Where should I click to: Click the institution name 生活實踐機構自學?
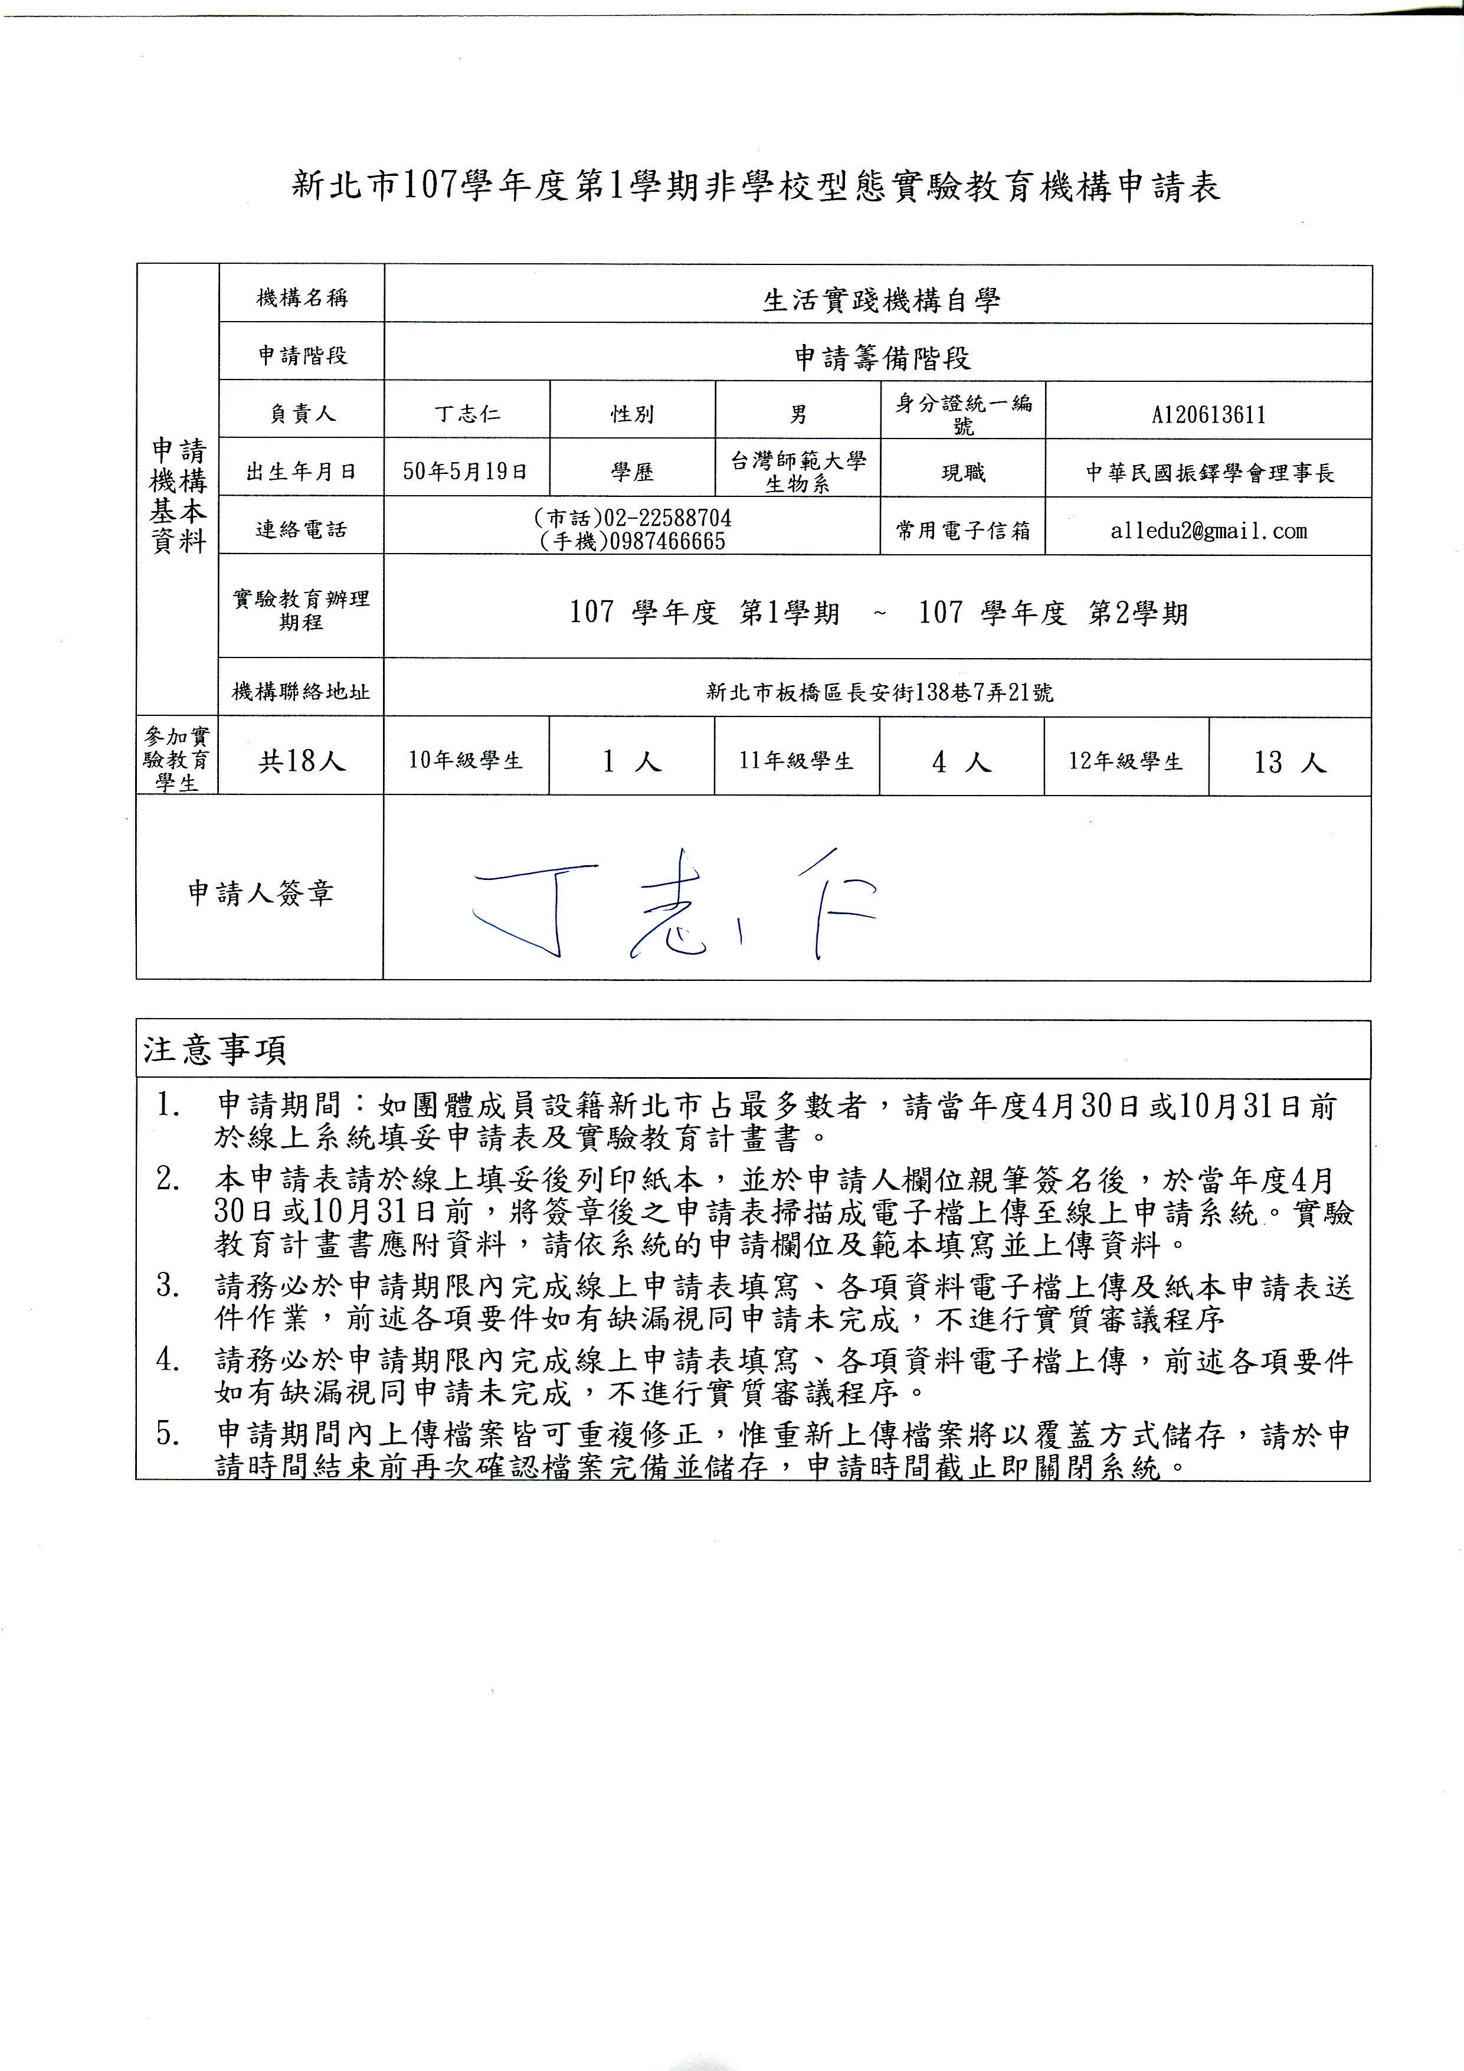pos(881,300)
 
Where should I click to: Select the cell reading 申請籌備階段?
pos(881,358)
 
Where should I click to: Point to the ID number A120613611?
pos(1208,415)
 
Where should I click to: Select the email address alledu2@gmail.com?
pos(1208,531)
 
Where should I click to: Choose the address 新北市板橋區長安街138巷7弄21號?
pos(879,692)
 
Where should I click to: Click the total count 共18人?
pos(302,761)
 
